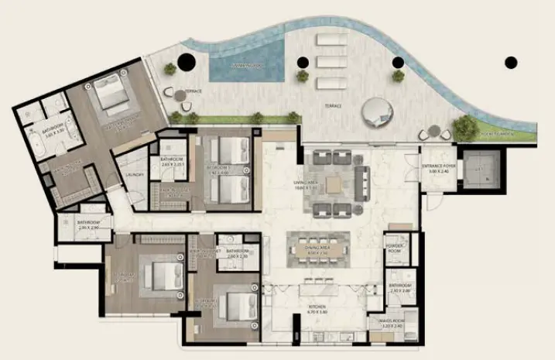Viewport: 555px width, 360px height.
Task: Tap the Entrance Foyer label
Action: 442,170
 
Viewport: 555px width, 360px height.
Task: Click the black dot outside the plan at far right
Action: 510,62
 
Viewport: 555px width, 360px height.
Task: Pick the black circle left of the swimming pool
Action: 185,62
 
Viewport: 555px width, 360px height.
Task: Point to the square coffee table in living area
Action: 334,184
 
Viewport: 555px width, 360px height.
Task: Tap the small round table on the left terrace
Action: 180,95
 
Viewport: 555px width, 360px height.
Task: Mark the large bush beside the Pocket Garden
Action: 465,125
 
